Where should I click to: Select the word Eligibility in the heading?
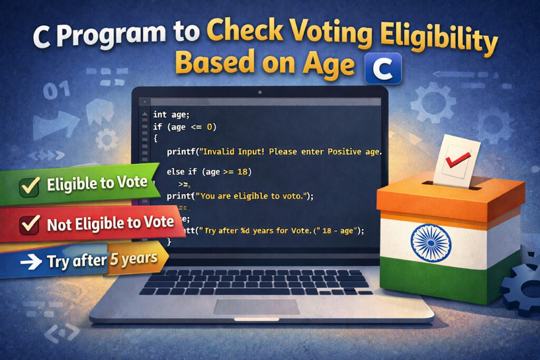point(449,42)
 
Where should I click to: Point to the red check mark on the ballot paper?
point(455,159)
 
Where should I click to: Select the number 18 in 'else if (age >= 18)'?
point(246,172)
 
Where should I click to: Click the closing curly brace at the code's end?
point(169,241)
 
